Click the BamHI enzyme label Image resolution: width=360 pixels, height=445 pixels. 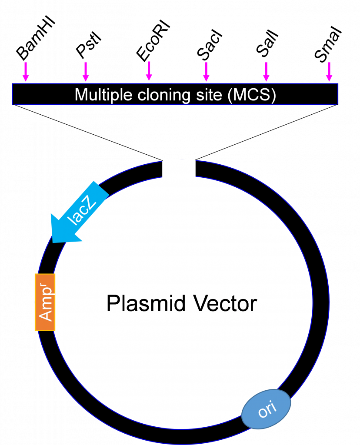pos(36,39)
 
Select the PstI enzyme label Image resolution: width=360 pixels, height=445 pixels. pos(89,45)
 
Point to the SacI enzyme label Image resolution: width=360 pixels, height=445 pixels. pos(210,45)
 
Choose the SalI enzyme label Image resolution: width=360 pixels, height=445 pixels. pos(267,43)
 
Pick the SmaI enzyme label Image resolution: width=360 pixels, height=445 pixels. pos(328,44)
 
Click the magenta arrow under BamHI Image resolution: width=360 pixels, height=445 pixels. pos(26,72)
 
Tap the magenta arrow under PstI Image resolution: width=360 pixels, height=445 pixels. pos(86,72)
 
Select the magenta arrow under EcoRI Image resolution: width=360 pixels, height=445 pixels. pos(149,71)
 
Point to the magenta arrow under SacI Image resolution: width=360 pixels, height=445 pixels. pos(207,72)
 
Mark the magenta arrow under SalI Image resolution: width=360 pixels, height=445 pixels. pos(266,72)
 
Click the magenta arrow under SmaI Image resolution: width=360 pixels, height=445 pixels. pos(329,72)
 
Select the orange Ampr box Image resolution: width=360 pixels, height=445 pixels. pos(45,302)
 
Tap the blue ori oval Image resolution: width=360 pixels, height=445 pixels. pos(266,409)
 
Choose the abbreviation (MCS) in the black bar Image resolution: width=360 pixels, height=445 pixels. pos(252,95)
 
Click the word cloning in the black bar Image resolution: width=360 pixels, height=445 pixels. pos(164,95)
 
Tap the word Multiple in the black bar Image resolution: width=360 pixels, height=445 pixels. pos(103,95)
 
